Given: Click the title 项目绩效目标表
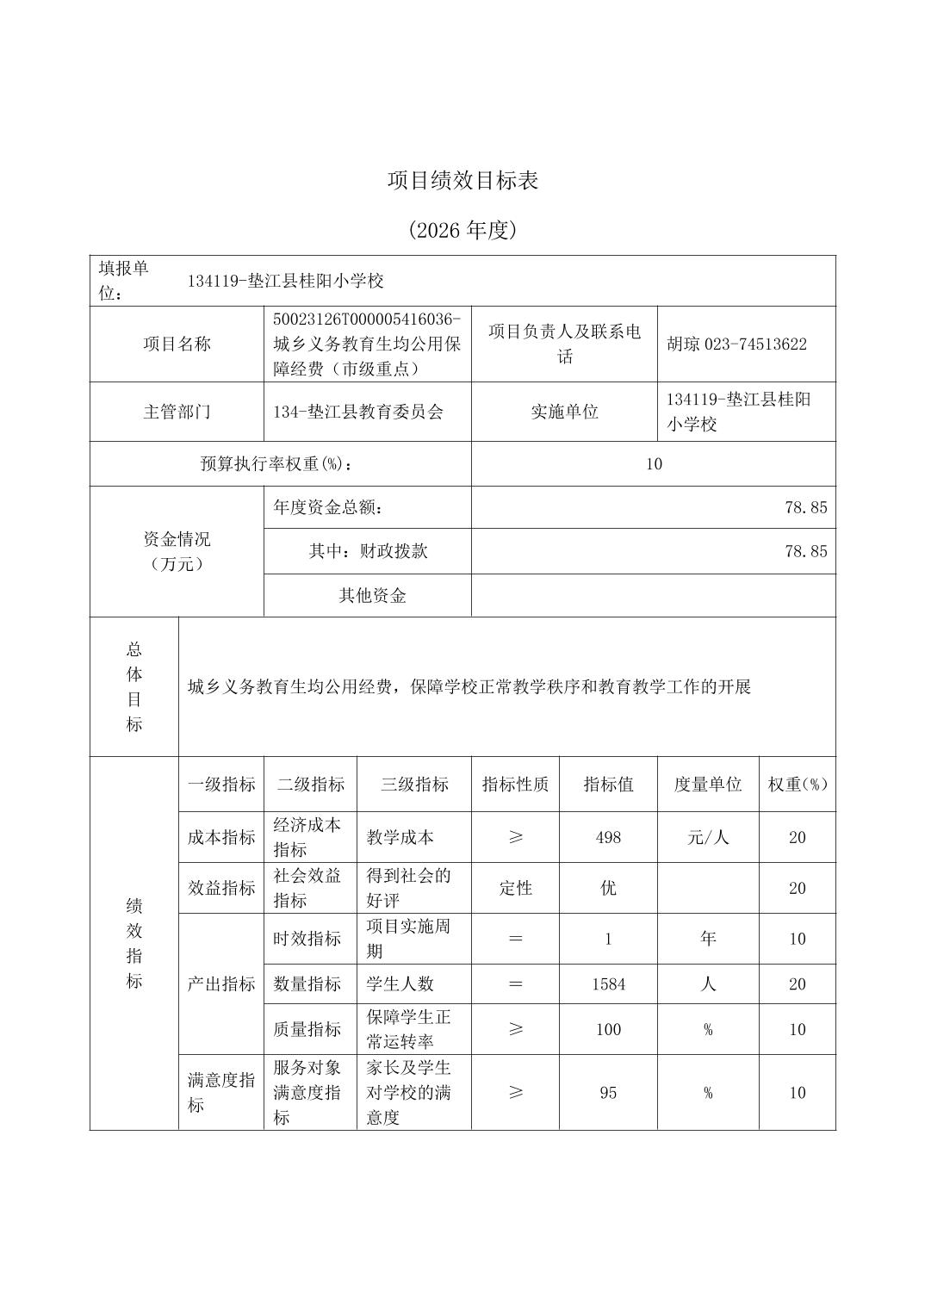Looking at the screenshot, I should (x=462, y=181).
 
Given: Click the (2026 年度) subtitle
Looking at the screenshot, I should (x=462, y=230).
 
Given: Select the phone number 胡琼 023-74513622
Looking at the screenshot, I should (x=736, y=344).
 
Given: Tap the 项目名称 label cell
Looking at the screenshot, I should (x=177, y=344).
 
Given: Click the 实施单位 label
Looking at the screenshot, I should (x=564, y=412).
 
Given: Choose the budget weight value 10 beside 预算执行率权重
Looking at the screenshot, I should (x=654, y=464).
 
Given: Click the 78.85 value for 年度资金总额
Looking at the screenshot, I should (x=805, y=508).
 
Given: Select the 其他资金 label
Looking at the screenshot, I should (x=372, y=596).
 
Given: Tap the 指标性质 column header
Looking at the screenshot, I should (x=515, y=785).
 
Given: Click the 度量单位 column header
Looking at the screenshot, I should (x=708, y=785).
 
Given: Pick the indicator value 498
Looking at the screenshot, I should (x=608, y=837).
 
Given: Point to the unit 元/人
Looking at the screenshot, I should (x=708, y=837).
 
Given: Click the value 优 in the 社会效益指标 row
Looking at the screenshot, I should (x=608, y=888).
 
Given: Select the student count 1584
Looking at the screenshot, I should (x=608, y=983).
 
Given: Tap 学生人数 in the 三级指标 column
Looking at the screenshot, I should (x=400, y=983).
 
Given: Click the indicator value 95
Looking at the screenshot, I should (x=608, y=1093).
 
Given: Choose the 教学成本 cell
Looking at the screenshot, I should (x=400, y=837).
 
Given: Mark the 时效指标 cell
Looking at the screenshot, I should (x=307, y=939).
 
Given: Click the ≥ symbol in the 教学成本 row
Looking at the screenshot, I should (x=515, y=837).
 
